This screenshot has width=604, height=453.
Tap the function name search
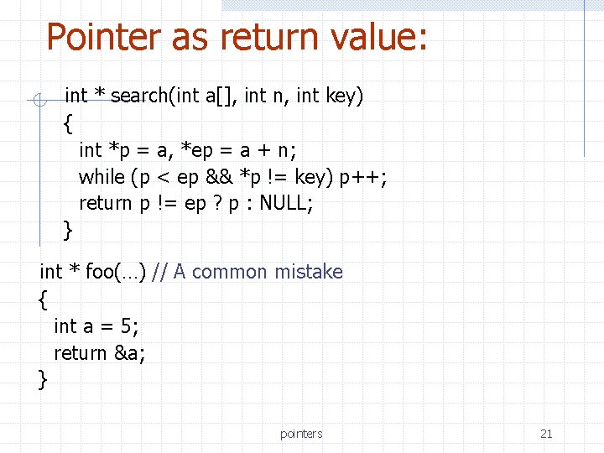(x=139, y=96)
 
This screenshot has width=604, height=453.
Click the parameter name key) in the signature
(x=344, y=96)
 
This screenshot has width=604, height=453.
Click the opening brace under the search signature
(x=68, y=124)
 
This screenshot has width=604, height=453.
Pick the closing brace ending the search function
(x=68, y=229)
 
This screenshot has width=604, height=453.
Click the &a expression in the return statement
(x=129, y=353)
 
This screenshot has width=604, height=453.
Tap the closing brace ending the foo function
(x=43, y=379)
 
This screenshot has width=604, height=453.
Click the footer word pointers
(x=301, y=434)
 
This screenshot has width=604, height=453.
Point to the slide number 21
(x=546, y=434)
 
